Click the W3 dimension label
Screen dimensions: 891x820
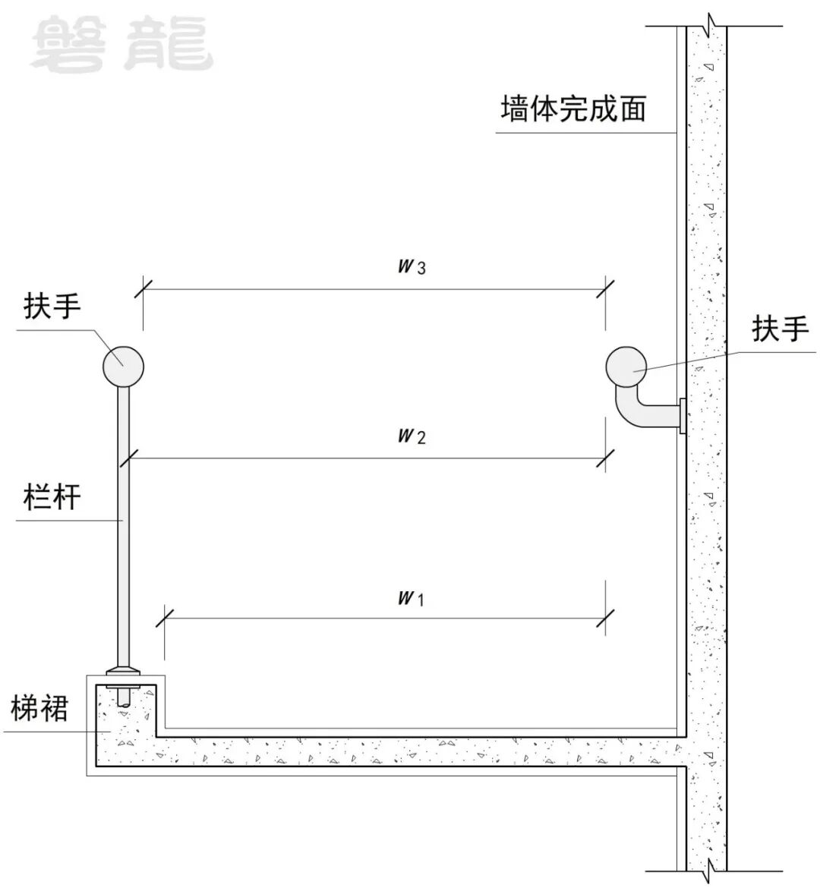pos(412,266)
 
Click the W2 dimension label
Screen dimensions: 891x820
pos(412,436)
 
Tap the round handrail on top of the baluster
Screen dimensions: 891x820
pos(123,366)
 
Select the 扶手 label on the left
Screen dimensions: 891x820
pos(52,307)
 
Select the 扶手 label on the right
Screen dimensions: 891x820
pos(781,329)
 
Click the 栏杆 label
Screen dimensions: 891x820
pos(52,498)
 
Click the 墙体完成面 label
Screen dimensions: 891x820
pos(573,109)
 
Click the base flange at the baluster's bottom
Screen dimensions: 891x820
pos(123,671)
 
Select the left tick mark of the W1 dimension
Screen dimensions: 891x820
pos(164,616)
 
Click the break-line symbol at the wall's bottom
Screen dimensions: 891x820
pos(708,866)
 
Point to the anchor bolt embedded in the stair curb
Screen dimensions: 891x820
pos(123,697)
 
